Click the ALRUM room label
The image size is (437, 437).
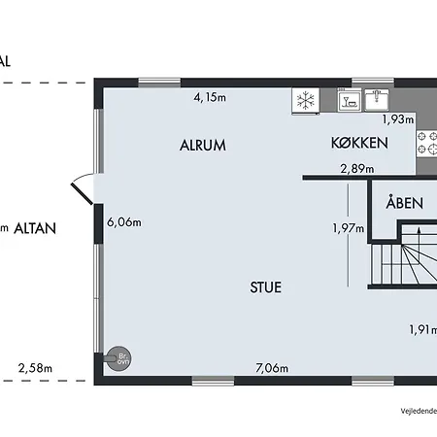pos(202,146)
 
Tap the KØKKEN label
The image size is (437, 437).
pos(359,143)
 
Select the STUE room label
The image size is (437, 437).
pos(266,287)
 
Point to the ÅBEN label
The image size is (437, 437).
pos(404,203)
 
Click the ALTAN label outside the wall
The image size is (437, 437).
pos(36,229)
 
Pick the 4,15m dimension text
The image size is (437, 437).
pos(210,97)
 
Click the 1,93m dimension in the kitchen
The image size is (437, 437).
pos(397,120)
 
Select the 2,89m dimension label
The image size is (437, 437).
pos(356,169)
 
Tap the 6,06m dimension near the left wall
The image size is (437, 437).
pos(124,221)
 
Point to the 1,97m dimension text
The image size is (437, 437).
pos(348,229)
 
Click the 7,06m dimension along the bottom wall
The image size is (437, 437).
pos(273,368)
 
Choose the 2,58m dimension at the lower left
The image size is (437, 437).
pos(35,368)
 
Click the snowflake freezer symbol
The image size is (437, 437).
pos(305,100)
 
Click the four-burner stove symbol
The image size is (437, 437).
pos(426,143)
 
